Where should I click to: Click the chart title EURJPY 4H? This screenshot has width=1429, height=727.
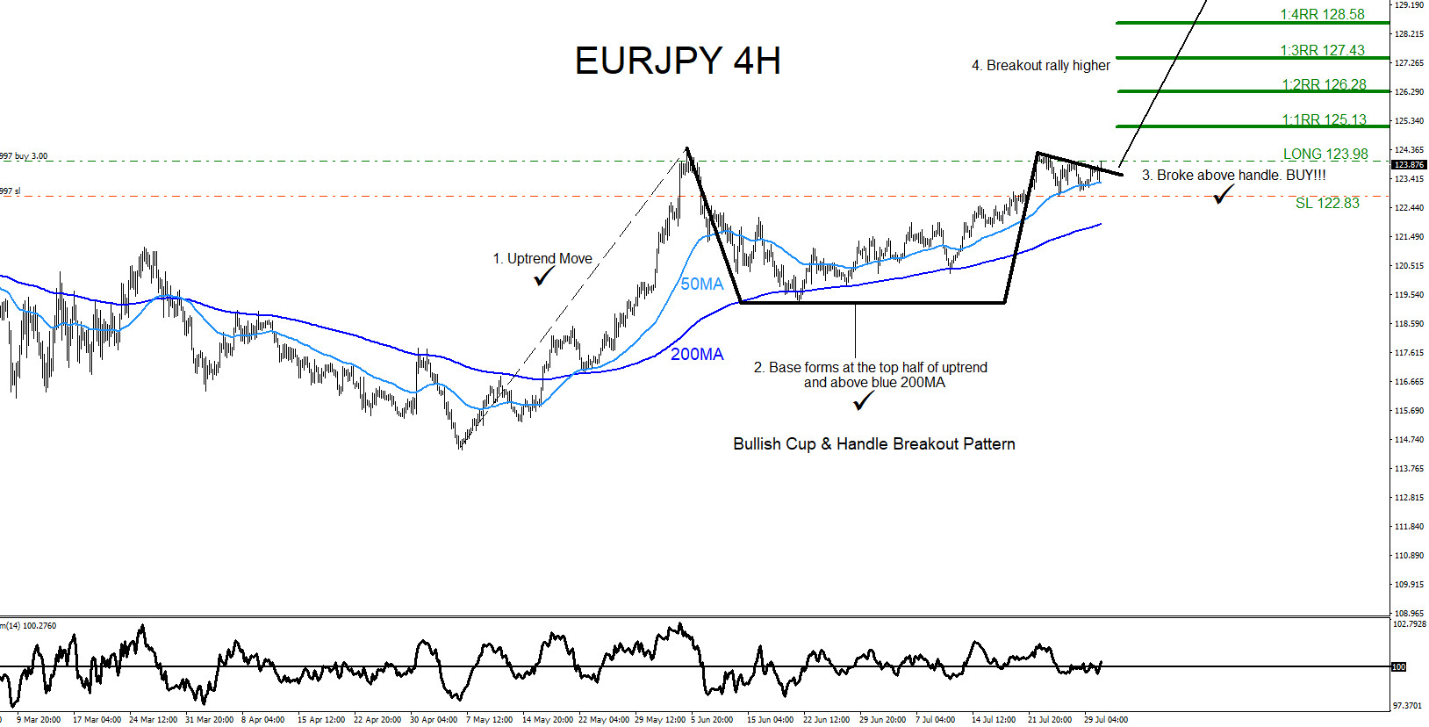click(x=678, y=61)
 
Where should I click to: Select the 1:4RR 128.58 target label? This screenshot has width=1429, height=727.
click(x=1322, y=15)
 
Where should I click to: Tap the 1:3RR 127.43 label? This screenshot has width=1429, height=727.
click(x=1322, y=51)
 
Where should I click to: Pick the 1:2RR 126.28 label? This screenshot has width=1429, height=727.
click(x=1324, y=85)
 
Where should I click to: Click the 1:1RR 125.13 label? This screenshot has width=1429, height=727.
click(x=1324, y=120)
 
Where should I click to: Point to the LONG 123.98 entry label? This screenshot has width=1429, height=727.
click(x=1325, y=155)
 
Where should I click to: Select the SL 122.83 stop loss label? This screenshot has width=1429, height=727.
click(x=1327, y=204)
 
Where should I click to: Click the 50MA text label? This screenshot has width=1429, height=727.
click(x=702, y=284)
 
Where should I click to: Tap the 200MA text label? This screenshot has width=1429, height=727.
click(x=697, y=355)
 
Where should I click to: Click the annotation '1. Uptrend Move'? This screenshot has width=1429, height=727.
click(x=542, y=259)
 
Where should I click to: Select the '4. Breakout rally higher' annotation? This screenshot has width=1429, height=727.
click(x=1040, y=66)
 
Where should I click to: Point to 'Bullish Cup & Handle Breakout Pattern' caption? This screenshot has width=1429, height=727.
click(x=874, y=444)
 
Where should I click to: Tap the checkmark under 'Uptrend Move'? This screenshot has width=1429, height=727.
click(x=544, y=277)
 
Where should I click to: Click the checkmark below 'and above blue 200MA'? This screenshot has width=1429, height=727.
click(x=864, y=401)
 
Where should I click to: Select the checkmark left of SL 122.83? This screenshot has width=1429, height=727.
click(x=1223, y=195)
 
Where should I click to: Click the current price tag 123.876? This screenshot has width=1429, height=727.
click(x=1409, y=165)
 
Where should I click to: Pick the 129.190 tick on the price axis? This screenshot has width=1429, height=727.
click(x=1409, y=5)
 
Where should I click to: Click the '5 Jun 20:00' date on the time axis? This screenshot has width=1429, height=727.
click(x=712, y=720)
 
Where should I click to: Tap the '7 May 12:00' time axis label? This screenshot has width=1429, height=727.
click(x=489, y=720)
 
